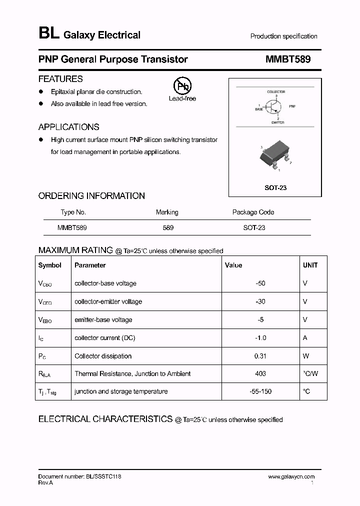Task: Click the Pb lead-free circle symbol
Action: (182, 85)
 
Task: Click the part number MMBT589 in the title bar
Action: (288, 59)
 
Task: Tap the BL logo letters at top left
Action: (48, 34)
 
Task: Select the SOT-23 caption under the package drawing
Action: (275, 188)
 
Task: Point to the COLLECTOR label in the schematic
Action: (276, 92)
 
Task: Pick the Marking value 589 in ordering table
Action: (168, 227)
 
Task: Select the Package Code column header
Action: (253, 212)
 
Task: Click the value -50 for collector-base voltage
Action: (260, 283)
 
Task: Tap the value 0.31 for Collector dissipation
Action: (260, 356)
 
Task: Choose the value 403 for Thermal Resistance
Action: (260, 373)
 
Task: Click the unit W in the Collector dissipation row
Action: (306, 356)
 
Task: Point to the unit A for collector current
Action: (305, 338)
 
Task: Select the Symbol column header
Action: (50, 265)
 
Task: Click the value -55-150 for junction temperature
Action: (260, 391)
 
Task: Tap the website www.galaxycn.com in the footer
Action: (291, 477)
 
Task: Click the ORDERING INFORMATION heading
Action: (91, 196)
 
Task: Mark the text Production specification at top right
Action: (283, 36)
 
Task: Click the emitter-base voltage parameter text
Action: (103, 320)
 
